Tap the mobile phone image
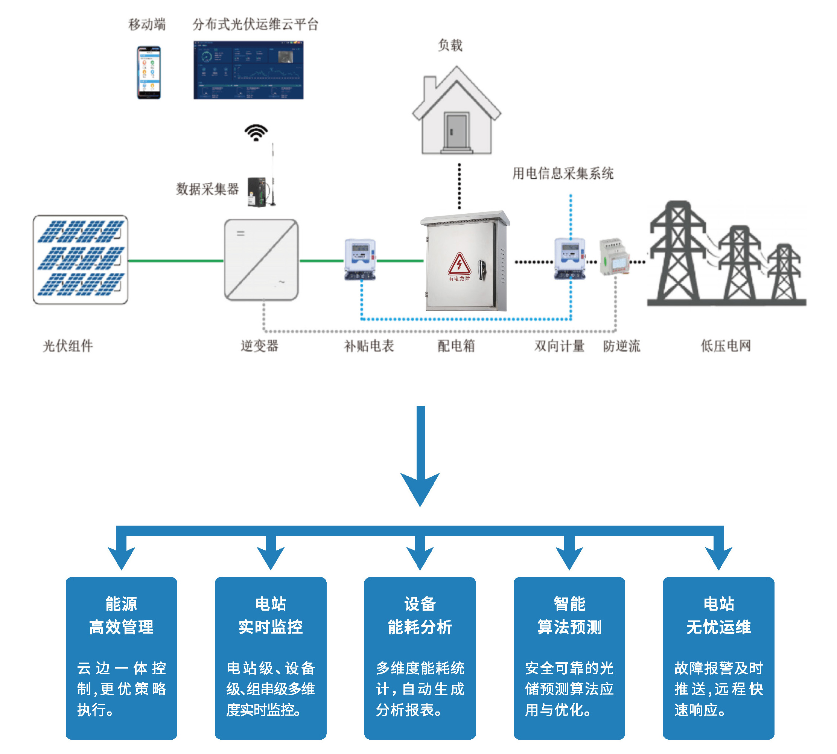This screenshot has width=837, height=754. (x=149, y=73)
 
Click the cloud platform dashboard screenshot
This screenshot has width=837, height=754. (x=248, y=70)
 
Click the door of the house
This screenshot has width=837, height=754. (x=456, y=131)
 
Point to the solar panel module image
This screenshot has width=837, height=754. (x=81, y=259)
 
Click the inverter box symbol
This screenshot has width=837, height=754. (x=261, y=260)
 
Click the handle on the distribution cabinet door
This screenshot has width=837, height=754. (x=482, y=269)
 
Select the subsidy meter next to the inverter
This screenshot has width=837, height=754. (x=360, y=259)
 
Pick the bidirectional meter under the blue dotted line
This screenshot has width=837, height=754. (x=570, y=258)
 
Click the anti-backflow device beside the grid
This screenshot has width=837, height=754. (x=614, y=257)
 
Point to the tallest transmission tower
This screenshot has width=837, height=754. (x=677, y=253)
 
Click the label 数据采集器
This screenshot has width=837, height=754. (x=207, y=189)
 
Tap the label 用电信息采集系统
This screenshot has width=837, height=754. (x=562, y=173)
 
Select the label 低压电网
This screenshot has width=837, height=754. (x=725, y=345)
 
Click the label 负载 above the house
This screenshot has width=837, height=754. (x=450, y=45)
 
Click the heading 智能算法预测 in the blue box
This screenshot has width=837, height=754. (x=569, y=615)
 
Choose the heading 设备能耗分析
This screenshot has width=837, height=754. (x=420, y=615)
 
